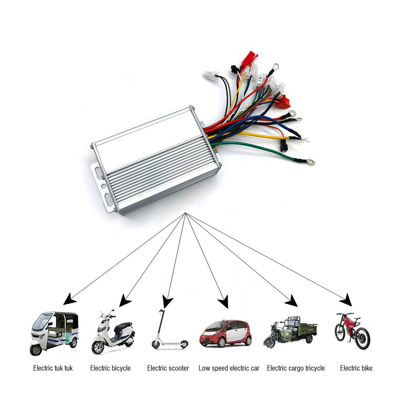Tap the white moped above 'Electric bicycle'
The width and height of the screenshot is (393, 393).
(x=113, y=332)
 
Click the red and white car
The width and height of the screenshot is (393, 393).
(x=225, y=333)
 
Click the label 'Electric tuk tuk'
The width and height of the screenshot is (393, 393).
(x=53, y=368)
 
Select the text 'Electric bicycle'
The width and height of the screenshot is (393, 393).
(x=110, y=368)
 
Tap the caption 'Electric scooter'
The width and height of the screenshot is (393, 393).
(x=168, y=368)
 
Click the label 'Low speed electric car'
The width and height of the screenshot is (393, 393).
(x=229, y=368)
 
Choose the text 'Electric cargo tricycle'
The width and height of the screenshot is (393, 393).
(x=296, y=368)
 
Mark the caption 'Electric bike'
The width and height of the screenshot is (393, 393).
(x=356, y=368)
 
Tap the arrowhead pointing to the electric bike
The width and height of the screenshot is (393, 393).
(x=346, y=300)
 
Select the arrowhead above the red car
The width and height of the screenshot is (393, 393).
(x=223, y=303)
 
